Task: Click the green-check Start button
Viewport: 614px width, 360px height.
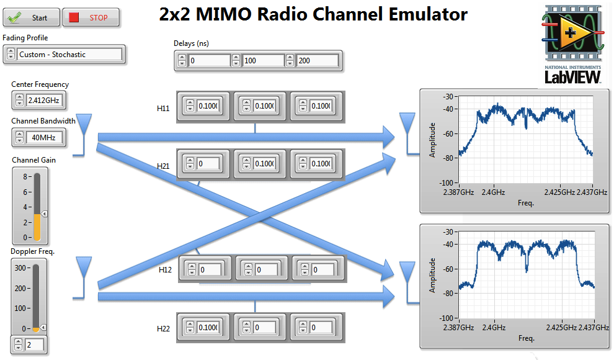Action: click(x=32, y=17)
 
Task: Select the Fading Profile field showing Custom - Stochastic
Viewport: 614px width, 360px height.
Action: click(x=69, y=55)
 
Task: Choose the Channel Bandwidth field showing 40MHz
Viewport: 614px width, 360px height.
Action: click(x=45, y=137)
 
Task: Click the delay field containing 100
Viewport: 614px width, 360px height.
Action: click(x=262, y=60)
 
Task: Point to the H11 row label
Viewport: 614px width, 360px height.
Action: click(x=163, y=108)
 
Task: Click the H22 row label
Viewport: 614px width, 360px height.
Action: click(x=164, y=328)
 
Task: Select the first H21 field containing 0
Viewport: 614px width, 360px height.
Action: click(x=208, y=164)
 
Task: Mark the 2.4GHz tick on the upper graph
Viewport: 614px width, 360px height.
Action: click(x=494, y=192)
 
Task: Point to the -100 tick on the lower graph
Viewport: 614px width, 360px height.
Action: click(x=445, y=318)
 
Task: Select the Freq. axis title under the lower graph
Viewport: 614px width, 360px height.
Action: click(x=526, y=338)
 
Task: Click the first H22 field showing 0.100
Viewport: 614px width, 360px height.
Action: click(x=208, y=327)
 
